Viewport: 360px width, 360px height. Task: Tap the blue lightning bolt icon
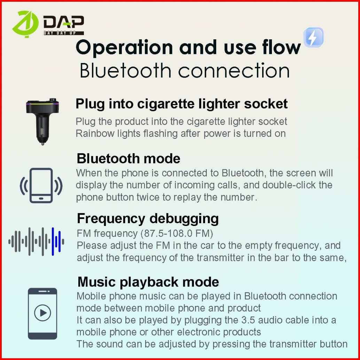313,37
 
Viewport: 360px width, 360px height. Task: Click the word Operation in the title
124,48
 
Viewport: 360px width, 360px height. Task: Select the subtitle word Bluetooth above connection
125,70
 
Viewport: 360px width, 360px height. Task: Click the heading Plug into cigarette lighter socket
181,104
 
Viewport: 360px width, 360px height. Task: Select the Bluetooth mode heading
128,158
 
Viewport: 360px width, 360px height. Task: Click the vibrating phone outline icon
41,185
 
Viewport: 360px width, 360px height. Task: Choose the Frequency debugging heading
148,219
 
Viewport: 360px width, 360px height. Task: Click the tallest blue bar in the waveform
53,241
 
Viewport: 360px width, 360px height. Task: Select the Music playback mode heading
148,282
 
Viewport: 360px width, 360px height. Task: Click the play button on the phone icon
42,313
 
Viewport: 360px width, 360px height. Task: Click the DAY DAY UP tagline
64,33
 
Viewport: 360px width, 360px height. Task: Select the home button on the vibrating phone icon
41,198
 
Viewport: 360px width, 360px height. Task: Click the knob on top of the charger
53,100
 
